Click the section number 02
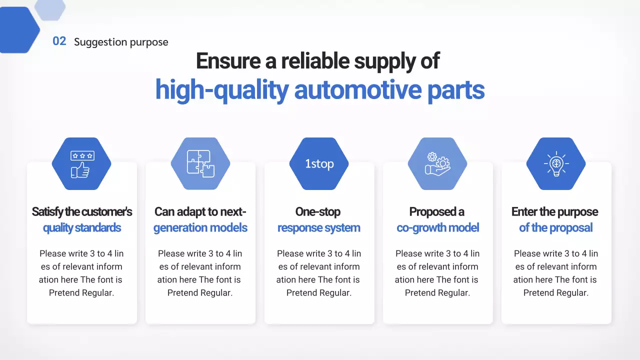pyautogui.click(x=59, y=41)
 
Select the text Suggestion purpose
pyautogui.click(x=121, y=42)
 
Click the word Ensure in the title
pyautogui.click(x=228, y=61)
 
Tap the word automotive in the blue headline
pyautogui.click(x=357, y=89)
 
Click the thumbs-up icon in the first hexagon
pyautogui.click(x=80, y=170)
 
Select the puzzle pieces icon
pyautogui.click(x=200, y=163)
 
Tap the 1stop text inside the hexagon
pyautogui.click(x=319, y=164)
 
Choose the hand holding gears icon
pyautogui.click(x=437, y=163)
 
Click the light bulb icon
pyautogui.click(x=556, y=163)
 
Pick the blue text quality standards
pyautogui.click(x=82, y=228)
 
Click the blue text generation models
pyautogui.click(x=200, y=228)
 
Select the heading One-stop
pyautogui.click(x=317, y=211)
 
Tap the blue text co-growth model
pyautogui.click(x=437, y=228)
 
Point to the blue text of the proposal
pyautogui.click(x=555, y=228)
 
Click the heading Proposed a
pyautogui.click(x=436, y=212)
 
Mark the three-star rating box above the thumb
pyautogui.click(x=82, y=155)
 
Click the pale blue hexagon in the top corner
pyautogui.click(x=50, y=9)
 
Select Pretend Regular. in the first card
pyautogui.click(x=81, y=293)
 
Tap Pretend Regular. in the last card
pyautogui.click(x=555, y=293)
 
